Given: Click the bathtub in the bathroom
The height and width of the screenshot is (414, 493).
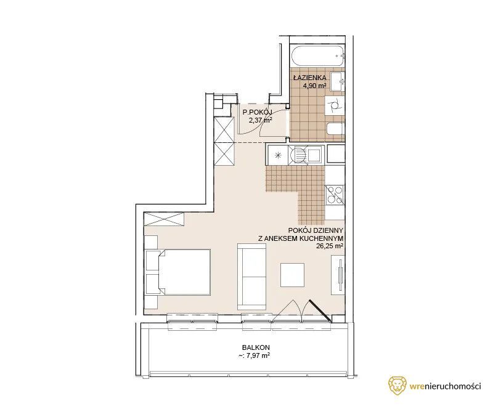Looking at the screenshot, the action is point(317,57).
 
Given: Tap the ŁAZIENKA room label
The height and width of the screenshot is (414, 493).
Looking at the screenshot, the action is point(310,78).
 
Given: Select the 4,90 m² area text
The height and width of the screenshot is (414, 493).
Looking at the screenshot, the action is point(314,86).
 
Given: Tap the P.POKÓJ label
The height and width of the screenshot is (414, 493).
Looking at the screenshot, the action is point(255,112).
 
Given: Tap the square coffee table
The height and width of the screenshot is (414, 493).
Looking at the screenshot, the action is point(292,275).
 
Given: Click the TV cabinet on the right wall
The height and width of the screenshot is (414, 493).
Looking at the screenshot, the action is point(338,275).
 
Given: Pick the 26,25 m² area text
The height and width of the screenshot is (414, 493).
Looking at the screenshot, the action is point(330,246).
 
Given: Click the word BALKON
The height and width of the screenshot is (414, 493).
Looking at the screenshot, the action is point(256,347).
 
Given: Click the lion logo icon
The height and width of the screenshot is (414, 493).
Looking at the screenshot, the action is point(397,386).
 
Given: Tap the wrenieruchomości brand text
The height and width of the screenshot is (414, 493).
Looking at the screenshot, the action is point(445,386).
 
